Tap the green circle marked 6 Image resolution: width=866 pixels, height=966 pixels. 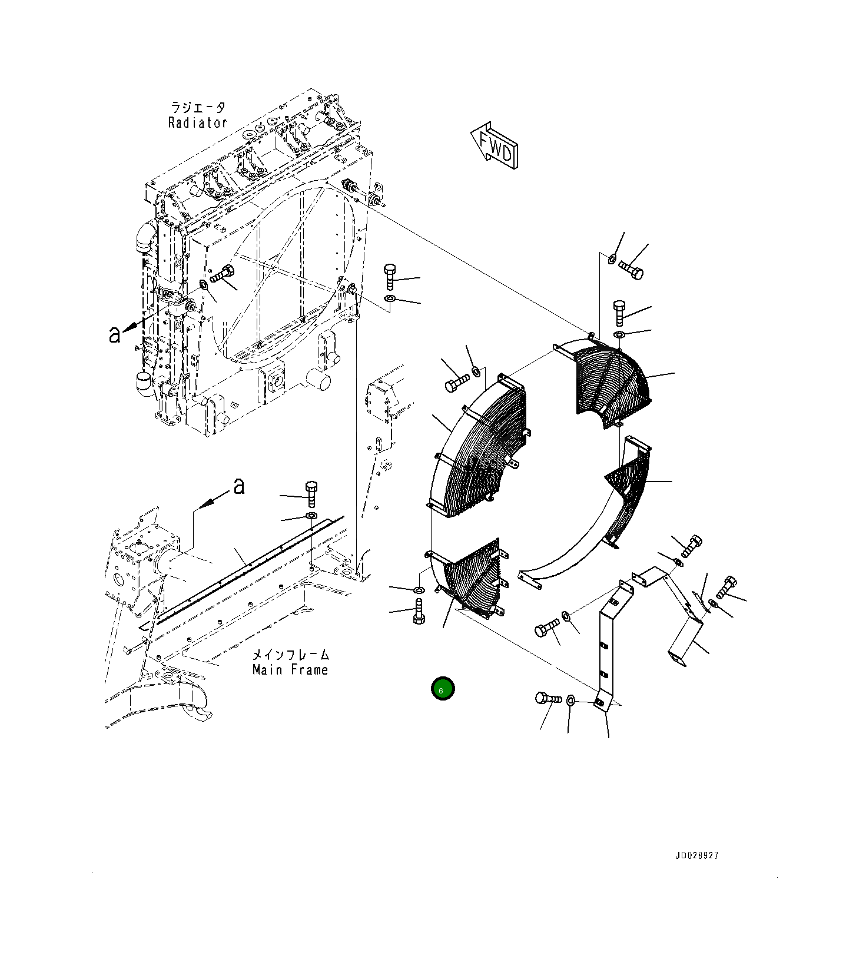tap(443, 689)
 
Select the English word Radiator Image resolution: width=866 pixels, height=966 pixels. tap(197, 123)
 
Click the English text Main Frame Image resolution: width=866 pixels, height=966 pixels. tap(290, 670)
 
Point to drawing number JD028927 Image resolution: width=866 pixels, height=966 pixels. tap(697, 856)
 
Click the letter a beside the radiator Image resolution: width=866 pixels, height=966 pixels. tap(114, 334)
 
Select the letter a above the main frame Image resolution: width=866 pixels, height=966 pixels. tap(238, 486)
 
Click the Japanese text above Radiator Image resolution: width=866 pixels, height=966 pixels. tap(198, 108)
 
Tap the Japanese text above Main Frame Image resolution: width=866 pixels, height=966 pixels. tap(291, 655)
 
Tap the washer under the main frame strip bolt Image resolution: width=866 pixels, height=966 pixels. tap(310, 516)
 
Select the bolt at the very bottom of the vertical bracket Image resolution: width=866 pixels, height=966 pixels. tap(548, 699)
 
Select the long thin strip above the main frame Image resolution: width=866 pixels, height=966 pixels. tap(247, 565)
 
